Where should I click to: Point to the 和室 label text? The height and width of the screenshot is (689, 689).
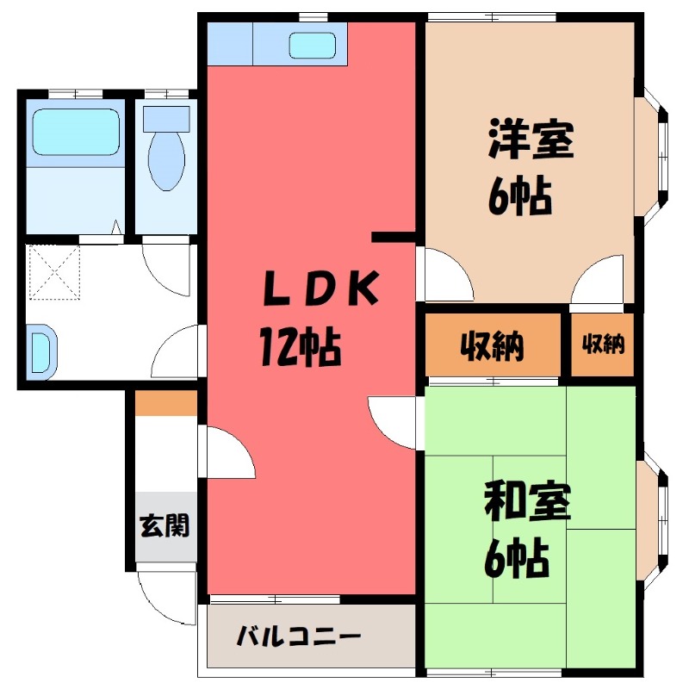tap(527, 502)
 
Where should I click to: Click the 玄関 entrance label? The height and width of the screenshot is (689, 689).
tap(164, 525)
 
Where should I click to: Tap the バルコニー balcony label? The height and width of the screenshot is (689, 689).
tap(299, 638)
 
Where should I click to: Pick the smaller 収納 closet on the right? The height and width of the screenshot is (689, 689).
tap(603, 344)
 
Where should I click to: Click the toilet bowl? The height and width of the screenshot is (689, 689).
tap(166, 158)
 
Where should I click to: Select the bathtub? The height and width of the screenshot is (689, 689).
tap(75, 132)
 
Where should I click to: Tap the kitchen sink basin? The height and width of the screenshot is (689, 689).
tap(315, 45)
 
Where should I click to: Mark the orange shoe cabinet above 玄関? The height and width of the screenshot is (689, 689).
tap(166, 403)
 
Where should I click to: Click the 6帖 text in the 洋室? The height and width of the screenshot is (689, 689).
tap(519, 200)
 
